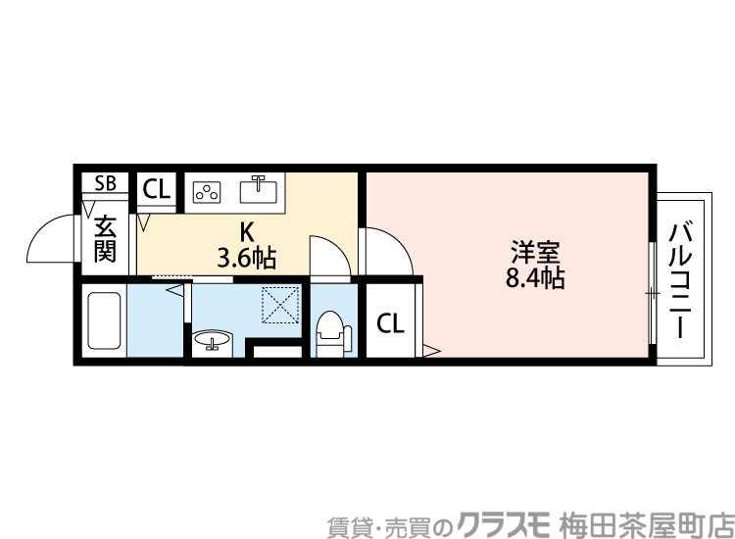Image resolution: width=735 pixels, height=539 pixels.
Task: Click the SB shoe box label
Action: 105,183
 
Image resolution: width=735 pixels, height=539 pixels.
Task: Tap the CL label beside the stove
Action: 157,189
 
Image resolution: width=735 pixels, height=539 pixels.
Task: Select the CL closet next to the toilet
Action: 390,323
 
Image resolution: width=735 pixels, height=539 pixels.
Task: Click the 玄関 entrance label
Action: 105,240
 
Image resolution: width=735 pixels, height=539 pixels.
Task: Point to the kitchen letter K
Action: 247,233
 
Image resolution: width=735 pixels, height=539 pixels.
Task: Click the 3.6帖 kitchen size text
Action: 247,259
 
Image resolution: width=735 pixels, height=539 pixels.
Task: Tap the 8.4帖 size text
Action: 534,278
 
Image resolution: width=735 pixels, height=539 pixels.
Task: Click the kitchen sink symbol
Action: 260,186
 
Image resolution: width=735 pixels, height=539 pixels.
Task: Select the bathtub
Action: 104,321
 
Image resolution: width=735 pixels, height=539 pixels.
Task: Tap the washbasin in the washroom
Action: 212,341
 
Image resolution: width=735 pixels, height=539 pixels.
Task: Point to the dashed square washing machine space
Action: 280,305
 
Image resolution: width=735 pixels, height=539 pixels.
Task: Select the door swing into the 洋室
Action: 389,253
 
